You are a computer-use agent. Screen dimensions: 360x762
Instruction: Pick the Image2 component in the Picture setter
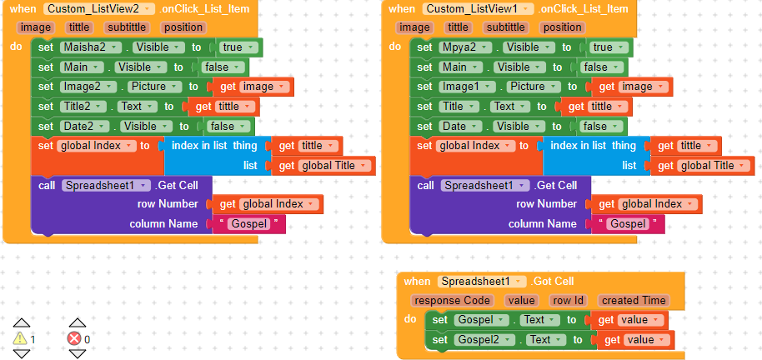[81, 87]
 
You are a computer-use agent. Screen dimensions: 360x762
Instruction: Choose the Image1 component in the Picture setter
[459, 87]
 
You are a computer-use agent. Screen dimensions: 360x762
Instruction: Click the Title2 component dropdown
[83, 107]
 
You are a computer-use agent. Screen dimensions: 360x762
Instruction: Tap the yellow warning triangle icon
[21, 338]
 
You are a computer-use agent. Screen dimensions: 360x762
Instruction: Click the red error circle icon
[74, 338]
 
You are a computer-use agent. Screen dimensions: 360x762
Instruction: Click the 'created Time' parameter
[632, 301]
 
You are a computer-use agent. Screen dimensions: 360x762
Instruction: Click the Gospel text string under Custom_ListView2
[249, 224]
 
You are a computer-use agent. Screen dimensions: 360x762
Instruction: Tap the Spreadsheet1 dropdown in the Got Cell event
[483, 282]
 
